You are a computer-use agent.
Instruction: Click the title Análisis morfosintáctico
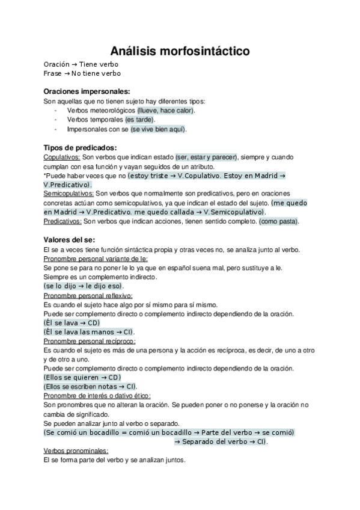click(x=180, y=52)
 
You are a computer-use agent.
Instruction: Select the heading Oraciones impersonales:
click(x=87, y=91)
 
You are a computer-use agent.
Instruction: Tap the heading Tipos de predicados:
click(x=81, y=148)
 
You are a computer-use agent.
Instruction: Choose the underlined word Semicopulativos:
click(x=69, y=194)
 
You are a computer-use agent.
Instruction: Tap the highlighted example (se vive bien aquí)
click(x=159, y=129)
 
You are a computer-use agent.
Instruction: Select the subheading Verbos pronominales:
click(x=76, y=451)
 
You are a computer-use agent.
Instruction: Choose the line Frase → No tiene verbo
click(x=82, y=73)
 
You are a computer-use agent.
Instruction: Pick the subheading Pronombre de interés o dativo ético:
click(x=97, y=396)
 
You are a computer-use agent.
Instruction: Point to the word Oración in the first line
click(x=56, y=64)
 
